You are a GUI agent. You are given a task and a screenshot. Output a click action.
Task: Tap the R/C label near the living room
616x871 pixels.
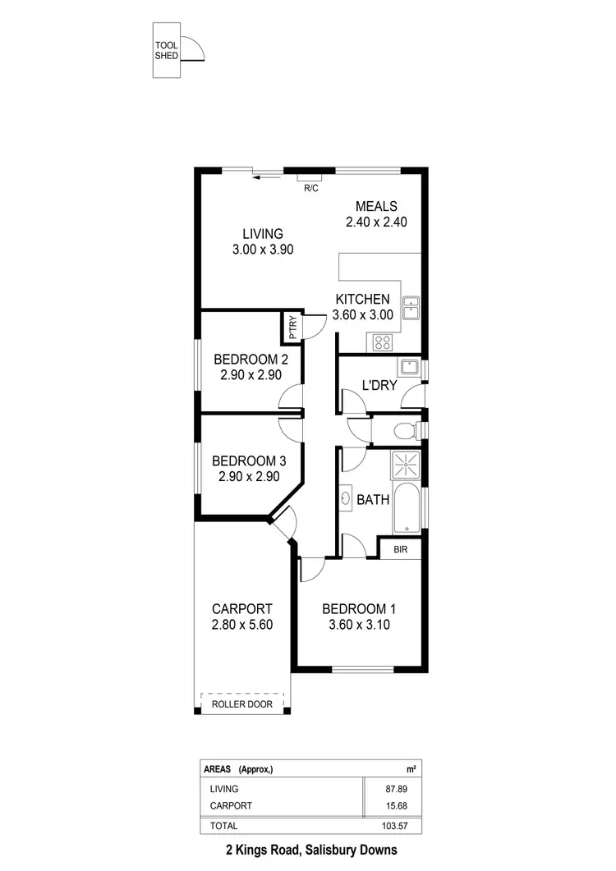[x=310, y=188]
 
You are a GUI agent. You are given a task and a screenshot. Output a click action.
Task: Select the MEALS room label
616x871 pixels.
[x=376, y=206]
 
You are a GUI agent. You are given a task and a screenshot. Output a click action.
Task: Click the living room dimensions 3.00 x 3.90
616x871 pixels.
[x=262, y=249]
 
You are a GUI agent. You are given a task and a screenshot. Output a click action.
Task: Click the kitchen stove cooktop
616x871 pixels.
[x=384, y=342]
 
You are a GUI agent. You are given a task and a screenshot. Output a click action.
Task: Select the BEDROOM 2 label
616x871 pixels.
[x=251, y=359]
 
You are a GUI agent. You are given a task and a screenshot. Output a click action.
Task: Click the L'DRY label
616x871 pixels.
[x=379, y=384]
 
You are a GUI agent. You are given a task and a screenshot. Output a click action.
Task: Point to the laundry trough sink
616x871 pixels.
[x=408, y=367]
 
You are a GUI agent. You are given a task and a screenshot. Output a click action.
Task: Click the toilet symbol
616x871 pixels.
[x=406, y=429]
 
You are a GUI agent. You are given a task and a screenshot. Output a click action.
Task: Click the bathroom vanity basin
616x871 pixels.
[x=345, y=497]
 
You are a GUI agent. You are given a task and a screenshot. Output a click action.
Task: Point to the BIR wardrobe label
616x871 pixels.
[x=400, y=548]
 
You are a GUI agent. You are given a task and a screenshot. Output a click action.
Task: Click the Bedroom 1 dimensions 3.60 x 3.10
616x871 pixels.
[x=359, y=624]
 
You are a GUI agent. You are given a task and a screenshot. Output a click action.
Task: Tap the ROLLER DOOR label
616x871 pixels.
[x=241, y=704]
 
